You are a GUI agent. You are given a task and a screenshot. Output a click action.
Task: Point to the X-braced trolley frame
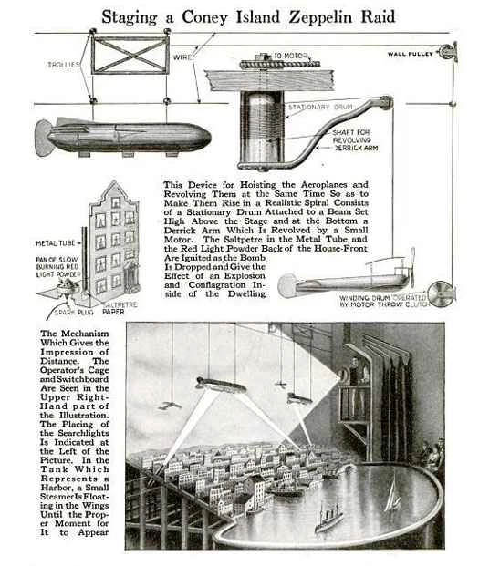[x=129, y=55]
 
